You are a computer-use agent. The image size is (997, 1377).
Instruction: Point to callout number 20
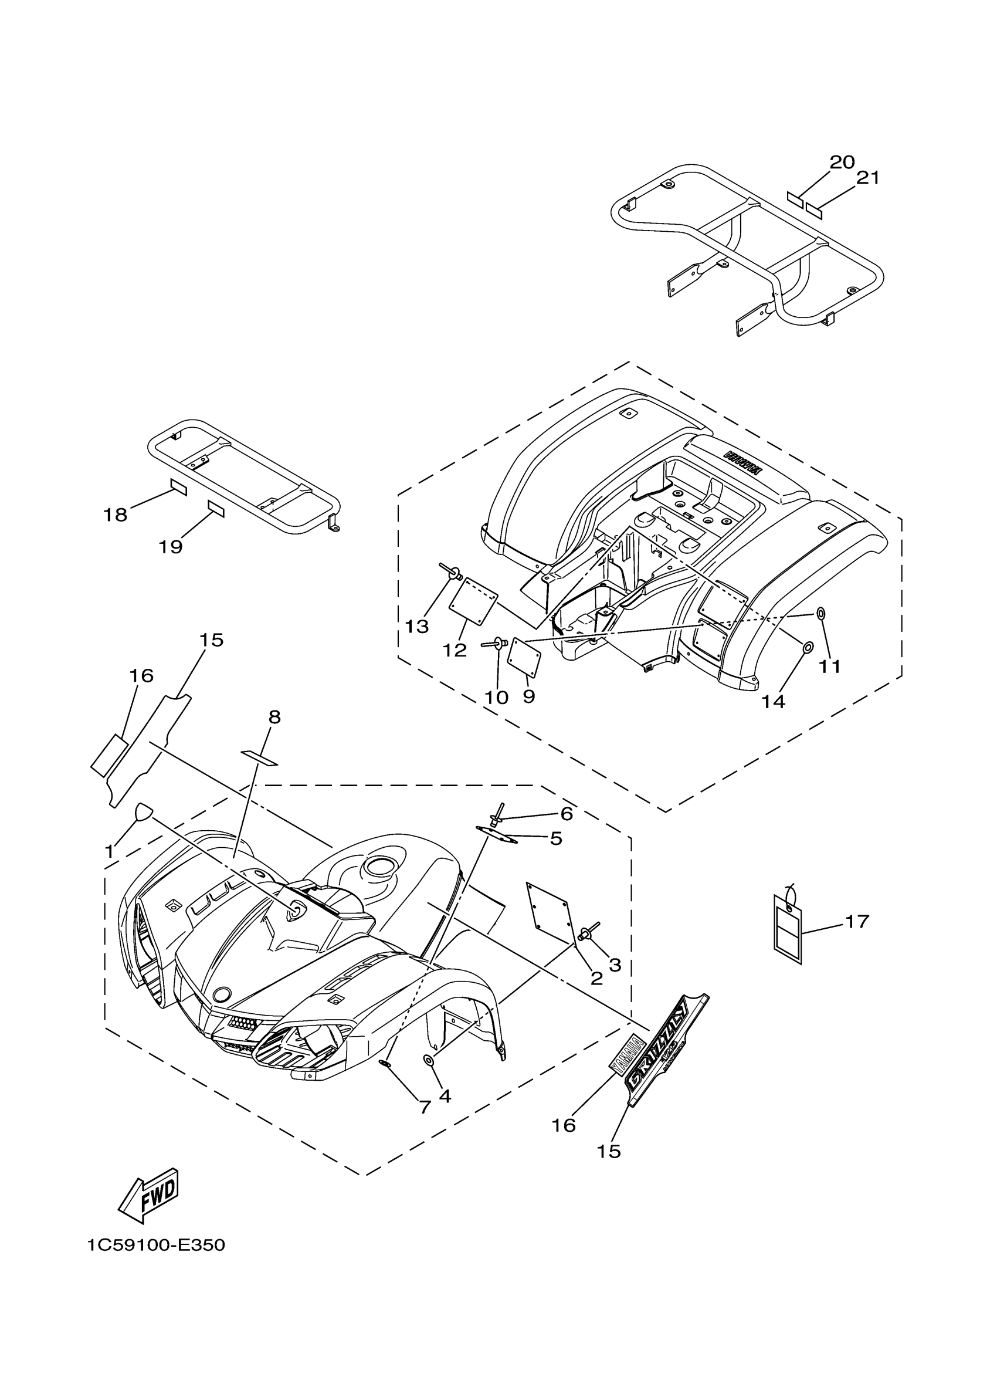pyautogui.click(x=842, y=162)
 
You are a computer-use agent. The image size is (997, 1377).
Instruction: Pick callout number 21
pyautogui.click(x=867, y=178)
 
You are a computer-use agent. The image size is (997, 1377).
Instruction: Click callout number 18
pyautogui.click(x=116, y=515)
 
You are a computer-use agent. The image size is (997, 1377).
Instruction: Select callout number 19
pyautogui.click(x=171, y=547)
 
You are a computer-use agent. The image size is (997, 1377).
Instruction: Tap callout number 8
pyautogui.click(x=274, y=717)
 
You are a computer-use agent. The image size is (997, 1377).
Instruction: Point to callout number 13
pyautogui.click(x=417, y=626)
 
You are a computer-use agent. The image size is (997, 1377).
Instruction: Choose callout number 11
pyautogui.click(x=829, y=666)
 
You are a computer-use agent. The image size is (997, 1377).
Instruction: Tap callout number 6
pyautogui.click(x=565, y=814)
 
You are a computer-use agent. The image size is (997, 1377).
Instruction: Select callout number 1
pyautogui.click(x=109, y=852)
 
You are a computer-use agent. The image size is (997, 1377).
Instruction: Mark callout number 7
pyautogui.click(x=425, y=1107)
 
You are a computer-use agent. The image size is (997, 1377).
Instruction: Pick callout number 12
pyautogui.click(x=455, y=650)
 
